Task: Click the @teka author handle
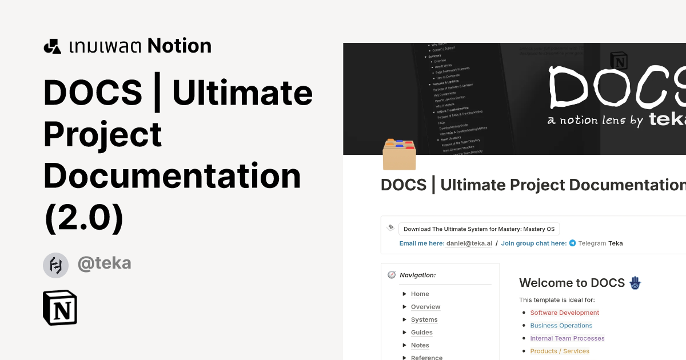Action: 104,263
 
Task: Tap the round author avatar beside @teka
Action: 55,265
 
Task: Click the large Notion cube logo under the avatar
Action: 60,307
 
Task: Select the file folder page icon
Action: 399,155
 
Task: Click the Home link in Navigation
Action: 420,294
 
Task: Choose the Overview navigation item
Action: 425,307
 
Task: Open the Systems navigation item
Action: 424,320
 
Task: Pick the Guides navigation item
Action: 421,333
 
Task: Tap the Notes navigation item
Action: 420,345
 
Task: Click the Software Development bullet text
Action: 564,313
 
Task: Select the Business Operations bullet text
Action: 561,326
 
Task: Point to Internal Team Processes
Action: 567,338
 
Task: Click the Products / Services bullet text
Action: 559,351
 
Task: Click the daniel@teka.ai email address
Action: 469,243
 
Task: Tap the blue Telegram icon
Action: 572,243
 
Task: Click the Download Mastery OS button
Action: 478,229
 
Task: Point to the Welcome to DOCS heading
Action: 572,283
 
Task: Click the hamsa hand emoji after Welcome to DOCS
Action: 635,282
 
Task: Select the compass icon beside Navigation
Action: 391,275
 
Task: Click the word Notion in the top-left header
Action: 179,46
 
